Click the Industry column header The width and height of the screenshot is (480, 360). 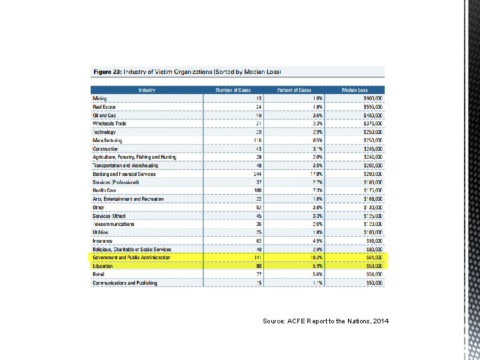click(x=147, y=90)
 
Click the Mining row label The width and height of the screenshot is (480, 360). click(x=99, y=98)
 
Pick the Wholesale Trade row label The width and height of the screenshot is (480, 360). click(x=110, y=123)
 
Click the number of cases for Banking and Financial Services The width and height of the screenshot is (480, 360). click(x=257, y=174)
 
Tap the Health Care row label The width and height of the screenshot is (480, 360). click(x=105, y=191)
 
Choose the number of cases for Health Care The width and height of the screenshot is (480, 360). click(x=257, y=191)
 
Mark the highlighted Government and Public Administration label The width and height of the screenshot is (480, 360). click(x=131, y=257)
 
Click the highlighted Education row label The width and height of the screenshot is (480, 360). click(x=103, y=266)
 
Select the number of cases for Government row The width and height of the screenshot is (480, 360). click(x=257, y=257)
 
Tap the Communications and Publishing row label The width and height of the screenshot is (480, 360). click(x=125, y=283)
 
